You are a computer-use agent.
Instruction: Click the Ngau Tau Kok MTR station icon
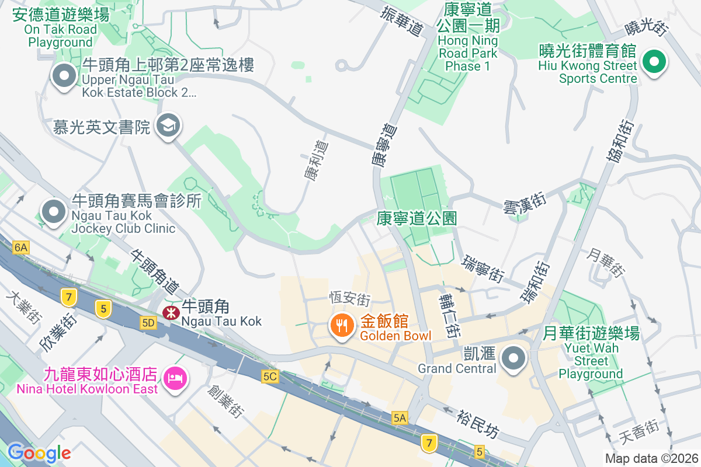pos(171,313)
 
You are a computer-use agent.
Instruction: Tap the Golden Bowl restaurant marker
pos(342,325)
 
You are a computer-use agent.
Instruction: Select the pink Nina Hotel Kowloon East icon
pos(175,378)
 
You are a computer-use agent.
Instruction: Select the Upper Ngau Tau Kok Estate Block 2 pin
pos(64,76)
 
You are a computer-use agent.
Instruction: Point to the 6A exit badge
pos(21,248)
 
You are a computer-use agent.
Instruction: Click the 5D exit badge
pos(148,322)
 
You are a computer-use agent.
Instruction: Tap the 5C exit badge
pos(270,377)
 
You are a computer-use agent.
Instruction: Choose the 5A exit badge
pos(400,417)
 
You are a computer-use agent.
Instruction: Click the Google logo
pos(39,452)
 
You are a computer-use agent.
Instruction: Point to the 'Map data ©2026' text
pos(651,458)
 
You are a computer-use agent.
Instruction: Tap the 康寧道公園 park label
pos(417,218)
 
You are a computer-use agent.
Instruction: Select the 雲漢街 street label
pos(525,207)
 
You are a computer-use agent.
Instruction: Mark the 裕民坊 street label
pos(478,424)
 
